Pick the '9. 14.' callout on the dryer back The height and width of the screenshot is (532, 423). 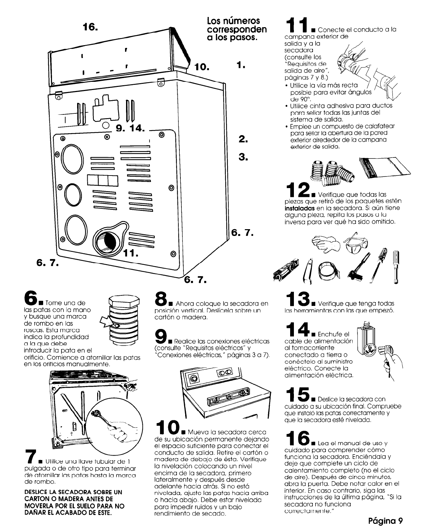130,128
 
